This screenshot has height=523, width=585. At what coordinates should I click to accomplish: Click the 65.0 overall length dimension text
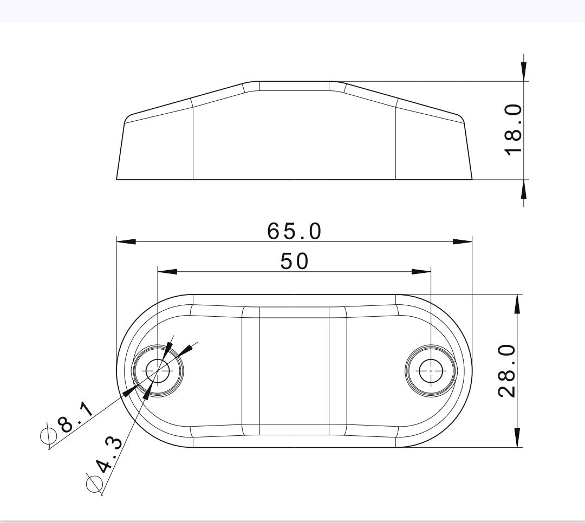(294, 231)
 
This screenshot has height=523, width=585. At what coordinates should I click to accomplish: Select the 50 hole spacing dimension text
(294, 261)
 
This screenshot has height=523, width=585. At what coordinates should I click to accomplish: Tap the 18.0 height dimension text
(513, 130)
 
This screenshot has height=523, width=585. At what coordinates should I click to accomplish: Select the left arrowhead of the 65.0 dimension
(126, 241)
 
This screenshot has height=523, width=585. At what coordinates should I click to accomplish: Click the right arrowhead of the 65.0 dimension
(463, 241)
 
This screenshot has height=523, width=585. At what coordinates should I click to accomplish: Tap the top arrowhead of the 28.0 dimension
(518, 304)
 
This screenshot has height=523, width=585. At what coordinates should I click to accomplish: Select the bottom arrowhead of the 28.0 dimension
(518, 437)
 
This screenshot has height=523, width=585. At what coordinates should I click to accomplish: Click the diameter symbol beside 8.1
(49, 435)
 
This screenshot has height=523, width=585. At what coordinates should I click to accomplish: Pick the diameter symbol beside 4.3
(94, 481)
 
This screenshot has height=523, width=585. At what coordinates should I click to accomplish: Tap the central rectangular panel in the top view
(294, 371)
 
